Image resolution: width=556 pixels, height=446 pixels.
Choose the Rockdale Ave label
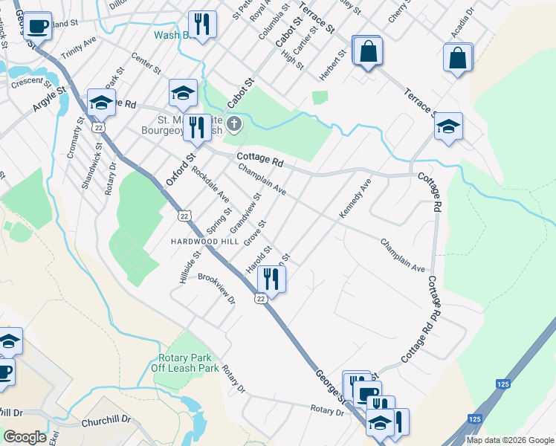(x=210, y=184)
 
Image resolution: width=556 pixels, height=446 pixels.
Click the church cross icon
(x=234, y=123)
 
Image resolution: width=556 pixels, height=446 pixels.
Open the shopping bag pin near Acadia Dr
(x=458, y=56)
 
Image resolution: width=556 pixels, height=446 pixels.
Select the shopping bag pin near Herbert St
(x=367, y=51)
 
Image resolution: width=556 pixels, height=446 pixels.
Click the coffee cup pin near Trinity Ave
(x=37, y=25)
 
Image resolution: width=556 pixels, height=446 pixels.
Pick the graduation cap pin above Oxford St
(x=183, y=92)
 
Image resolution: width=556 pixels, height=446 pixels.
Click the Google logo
(x=25, y=437)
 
